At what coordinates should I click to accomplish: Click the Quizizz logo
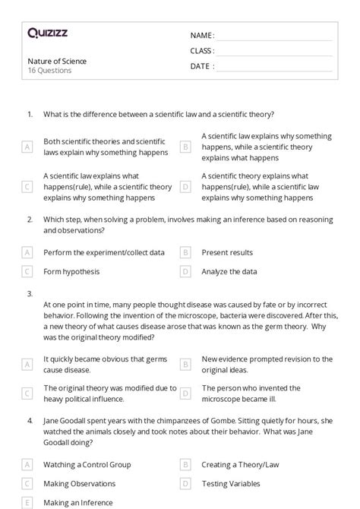(46, 33)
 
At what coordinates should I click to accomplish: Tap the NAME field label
(202, 36)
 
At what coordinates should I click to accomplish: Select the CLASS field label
(202, 51)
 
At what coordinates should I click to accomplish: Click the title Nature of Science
(57, 61)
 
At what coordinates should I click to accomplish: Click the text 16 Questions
(49, 71)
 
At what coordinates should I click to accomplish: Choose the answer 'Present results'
(227, 252)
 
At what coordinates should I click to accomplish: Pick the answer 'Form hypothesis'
(71, 271)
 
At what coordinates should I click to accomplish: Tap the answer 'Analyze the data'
(229, 271)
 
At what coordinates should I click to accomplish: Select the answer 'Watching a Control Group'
(87, 464)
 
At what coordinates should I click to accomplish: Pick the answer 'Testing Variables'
(231, 483)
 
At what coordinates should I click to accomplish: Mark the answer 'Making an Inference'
(78, 502)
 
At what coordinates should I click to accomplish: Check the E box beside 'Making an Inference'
(27, 502)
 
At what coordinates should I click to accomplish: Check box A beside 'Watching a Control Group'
(27, 464)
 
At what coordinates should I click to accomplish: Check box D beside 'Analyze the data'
(185, 271)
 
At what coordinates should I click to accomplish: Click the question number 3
(30, 292)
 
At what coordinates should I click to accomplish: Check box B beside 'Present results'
(185, 252)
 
